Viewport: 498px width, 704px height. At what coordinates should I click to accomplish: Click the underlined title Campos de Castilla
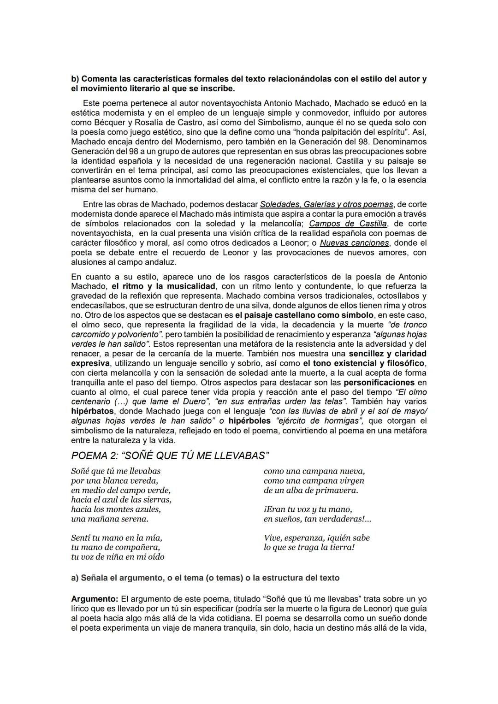coord(348,224)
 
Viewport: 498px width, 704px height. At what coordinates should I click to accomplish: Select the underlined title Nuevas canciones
coord(354,243)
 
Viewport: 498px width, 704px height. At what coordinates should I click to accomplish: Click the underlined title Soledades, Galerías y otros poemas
coord(326,204)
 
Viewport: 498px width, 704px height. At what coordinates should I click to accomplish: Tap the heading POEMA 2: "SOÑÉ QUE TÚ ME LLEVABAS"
coord(170,456)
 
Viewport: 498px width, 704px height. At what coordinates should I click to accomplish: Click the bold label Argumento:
coord(95,599)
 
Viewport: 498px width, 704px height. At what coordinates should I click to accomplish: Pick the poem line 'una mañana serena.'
coord(110,519)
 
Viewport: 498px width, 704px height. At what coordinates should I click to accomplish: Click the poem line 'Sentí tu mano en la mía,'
coord(117,538)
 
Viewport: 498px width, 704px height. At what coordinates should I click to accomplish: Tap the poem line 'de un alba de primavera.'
coord(311,491)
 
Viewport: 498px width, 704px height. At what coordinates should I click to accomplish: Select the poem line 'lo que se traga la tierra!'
coord(309,548)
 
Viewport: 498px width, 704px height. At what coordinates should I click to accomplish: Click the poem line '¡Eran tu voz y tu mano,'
coord(308,509)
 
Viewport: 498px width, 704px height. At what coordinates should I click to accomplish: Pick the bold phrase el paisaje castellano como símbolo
coord(304,315)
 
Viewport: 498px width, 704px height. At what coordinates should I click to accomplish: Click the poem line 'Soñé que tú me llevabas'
coord(116,471)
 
